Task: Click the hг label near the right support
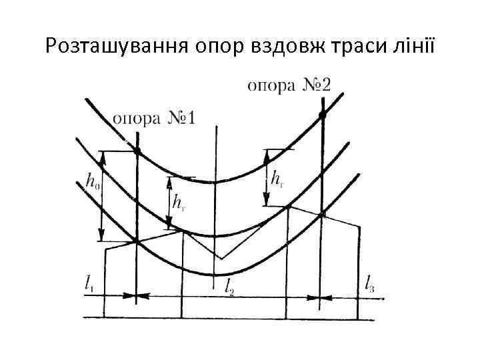(x=277, y=178)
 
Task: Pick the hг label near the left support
(x=179, y=201)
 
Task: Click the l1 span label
(x=89, y=284)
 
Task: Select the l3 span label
(x=371, y=284)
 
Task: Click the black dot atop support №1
(x=137, y=151)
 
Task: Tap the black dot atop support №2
(x=322, y=115)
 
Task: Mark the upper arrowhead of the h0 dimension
(x=101, y=155)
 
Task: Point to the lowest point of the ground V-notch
(x=221, y=259)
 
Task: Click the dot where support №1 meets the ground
(x=137, y=241)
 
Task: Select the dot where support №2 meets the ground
(x=322, y=214)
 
